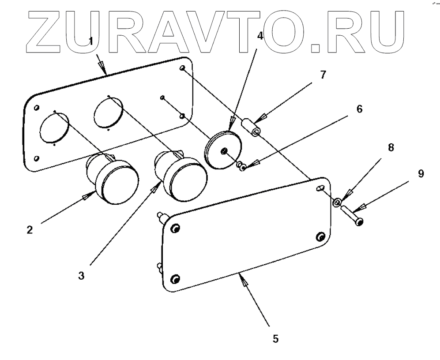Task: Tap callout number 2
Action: point(29,230)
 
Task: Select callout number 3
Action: point(81,276)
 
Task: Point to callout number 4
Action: point(260,36)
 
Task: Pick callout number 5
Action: point(275,339)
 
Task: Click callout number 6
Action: point(359,109)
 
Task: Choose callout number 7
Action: point(323,75)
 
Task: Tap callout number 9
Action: point(421,173)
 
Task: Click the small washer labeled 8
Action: point(336,202)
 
